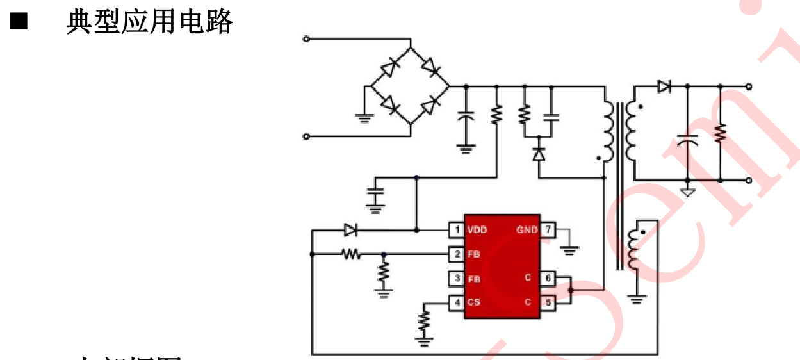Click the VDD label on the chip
click(477, 230)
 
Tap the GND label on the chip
click(527, 230)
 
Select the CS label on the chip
click(473, 302)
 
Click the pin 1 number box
click(456, 230)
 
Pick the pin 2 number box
click(456, 254)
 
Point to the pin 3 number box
click(456, 279)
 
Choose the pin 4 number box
click(456, 302)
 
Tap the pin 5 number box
click(548, 302)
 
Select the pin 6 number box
click(548, 279)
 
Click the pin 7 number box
click(548, 230)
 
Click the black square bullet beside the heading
click(19, 23)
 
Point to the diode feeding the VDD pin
click(350, 229)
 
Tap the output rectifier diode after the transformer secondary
click(664, 86)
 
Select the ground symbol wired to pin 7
click(569, 248)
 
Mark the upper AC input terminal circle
click(306, 39)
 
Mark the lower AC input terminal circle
click(306, 136)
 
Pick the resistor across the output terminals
click(720, 133)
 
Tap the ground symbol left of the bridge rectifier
click(364, 117)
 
